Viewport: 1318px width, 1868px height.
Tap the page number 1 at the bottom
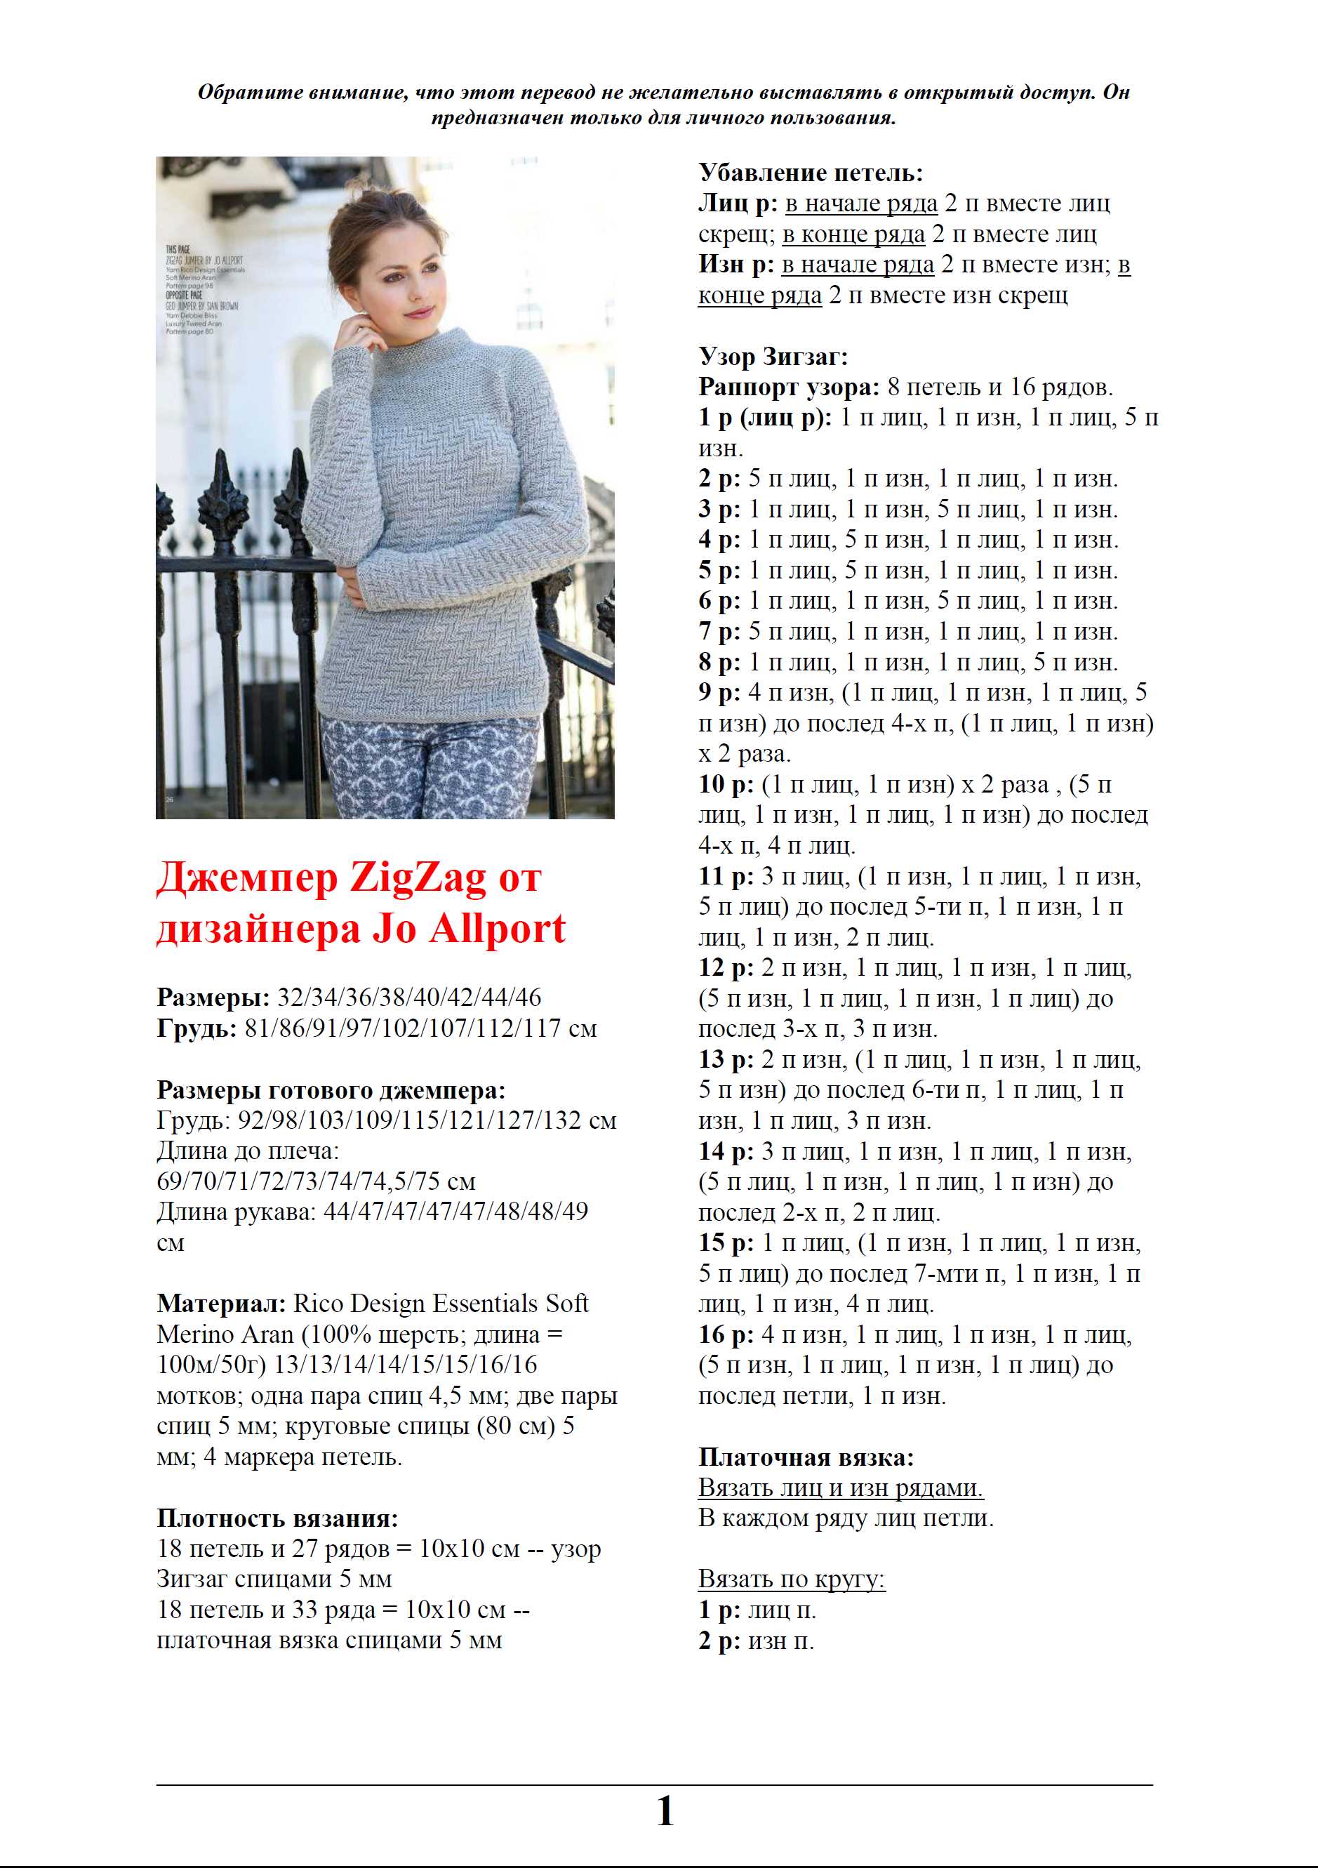(665, 1811)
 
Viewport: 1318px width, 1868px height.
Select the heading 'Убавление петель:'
(811, 173)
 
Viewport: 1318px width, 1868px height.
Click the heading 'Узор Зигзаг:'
(773, 357)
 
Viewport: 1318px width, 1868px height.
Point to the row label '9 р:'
(719, 693)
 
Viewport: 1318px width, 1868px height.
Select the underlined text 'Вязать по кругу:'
(791, 1579)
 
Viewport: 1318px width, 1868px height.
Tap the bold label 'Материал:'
(220, 1304)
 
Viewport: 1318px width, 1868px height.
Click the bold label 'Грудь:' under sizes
(196, 1028)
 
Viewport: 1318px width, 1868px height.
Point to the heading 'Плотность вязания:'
(277, 1518)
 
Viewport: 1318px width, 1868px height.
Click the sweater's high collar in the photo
(435, 346)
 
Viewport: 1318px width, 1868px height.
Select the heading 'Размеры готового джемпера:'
(331, 1090)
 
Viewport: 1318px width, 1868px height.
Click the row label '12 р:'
(725, 968)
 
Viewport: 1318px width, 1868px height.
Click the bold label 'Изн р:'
(735, 265)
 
